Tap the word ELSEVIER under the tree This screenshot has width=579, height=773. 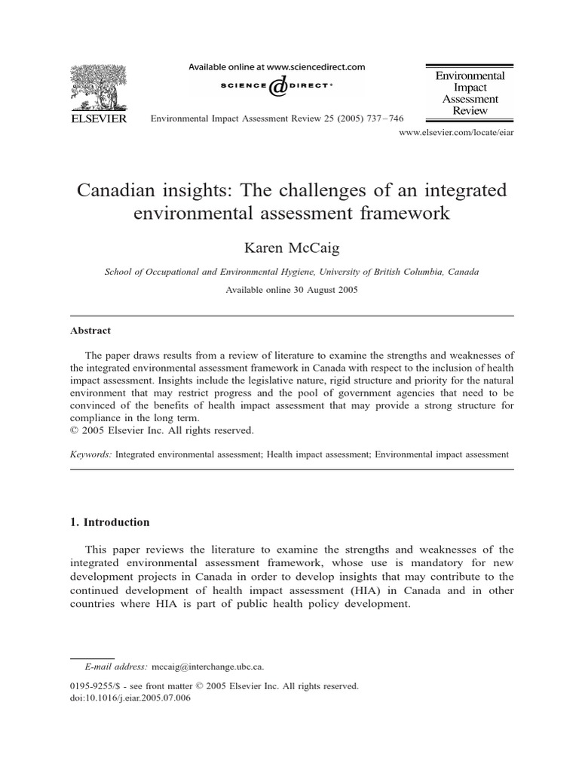[x=100, y=119]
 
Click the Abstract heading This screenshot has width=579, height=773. [x=90, y=331]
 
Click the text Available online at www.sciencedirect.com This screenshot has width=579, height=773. [x=276, y=67]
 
